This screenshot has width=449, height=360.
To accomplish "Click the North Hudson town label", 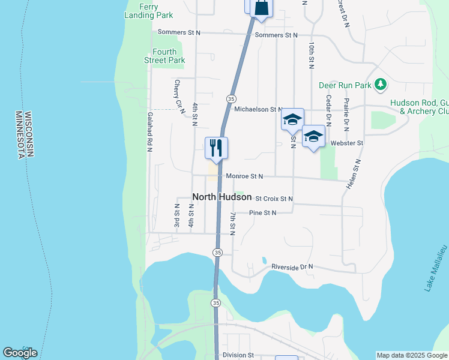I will pyautogui.click(x=221, y=197).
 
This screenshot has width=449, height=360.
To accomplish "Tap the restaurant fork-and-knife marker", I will pyautogui.click(x=216, y=148).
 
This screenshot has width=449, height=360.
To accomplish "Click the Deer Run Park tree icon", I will pyautogui.click(x=379, y=85).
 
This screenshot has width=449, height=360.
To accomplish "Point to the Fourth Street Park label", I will pyautogui.click(x=164, y=56).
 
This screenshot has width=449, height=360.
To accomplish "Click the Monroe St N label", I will pyautogui.click(x=245, y=176).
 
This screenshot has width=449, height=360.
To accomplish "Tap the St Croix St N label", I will pyautogui.click(x=274, y=199).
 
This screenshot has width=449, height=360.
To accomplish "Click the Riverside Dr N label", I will pyautogui.click(x=292, y=266).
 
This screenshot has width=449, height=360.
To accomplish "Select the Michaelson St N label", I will pyautogui.click(x=258, y=110).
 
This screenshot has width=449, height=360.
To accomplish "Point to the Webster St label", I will pyautogui.click(x=351, y=143).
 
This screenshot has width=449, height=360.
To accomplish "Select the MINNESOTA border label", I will pyautogui.click(x=20, y=134).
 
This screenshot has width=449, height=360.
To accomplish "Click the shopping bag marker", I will pyautogui.click(x=262, y=8).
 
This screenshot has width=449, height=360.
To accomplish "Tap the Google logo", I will pyautogui.click(x=20, y=353).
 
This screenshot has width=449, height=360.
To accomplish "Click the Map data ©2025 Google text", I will pyautogui.click(x=412, y=355).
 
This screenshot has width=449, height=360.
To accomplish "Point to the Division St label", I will pyautogui.click(x=238, y=355).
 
